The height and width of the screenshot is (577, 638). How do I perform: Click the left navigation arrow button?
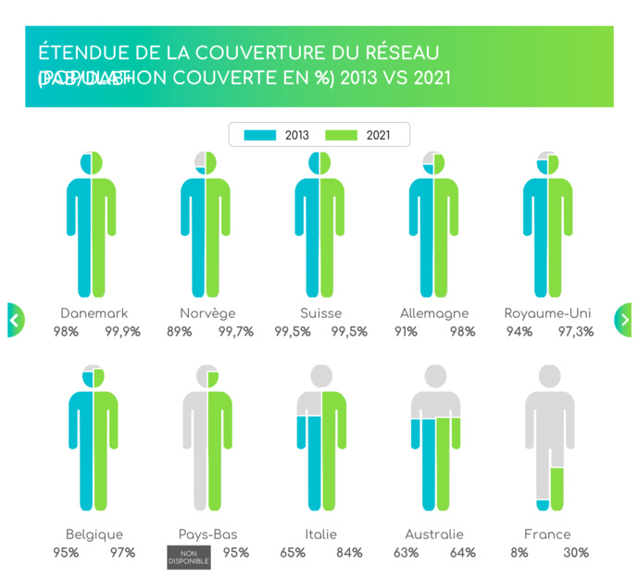pyautogui.click(x=15, y=320)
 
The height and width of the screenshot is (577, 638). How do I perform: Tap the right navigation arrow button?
pyautogui.click(x=623, y=320)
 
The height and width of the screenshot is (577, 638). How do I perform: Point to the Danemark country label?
pyautogui.click(x=94, y=313)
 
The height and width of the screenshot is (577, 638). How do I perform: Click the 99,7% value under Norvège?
pyautogui.click(x=235, y=332)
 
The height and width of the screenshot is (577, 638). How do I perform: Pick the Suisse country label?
pyautogui.click(x=320, y=313)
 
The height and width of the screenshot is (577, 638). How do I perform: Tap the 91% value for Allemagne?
pyautogui.click(x=406, y=332)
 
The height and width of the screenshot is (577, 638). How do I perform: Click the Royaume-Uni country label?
pyautogui.click(x=547, y=313)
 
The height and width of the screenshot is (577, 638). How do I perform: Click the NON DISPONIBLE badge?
pyautogui.click(x=189, y=558)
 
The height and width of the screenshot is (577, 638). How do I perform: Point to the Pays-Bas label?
pyautogui.click(x=207, y=534)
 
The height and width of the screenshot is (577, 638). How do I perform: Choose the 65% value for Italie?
pyautogui.click(x=293, y=553)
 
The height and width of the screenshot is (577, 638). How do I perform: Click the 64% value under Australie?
pyautogui.click(x=462, y=553)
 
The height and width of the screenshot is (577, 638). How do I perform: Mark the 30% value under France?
pyautogui.click(x=576, y=553)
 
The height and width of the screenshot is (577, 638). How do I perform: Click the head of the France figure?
pyautogui.click(x=549, y=376)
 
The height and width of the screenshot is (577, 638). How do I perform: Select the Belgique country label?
pyautogui.click(x=94, y=534)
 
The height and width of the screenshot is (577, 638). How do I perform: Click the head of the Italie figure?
pyautogui.click(x=321, y=376)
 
